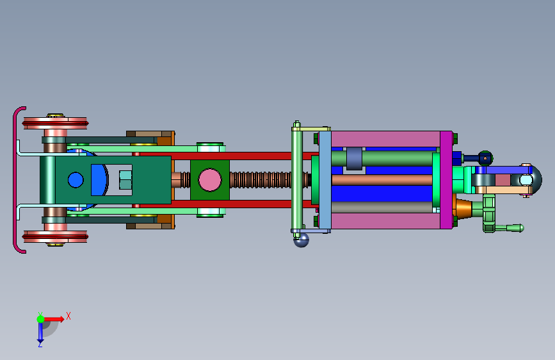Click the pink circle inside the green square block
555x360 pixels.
(x=210, y=180)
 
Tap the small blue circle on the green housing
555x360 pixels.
(x=76, y=180)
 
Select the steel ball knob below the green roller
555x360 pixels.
(x=302, y=240)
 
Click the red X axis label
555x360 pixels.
(x=68, y=316)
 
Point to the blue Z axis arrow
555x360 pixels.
(x=40, y=331)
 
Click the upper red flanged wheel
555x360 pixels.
(x=55, y=123)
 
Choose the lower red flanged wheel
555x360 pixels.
(x=55, y=236)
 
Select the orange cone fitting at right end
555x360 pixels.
(x=463, y=209)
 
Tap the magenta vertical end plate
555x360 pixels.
(x=446, y=180)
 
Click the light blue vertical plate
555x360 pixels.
(x=325, y=180)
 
